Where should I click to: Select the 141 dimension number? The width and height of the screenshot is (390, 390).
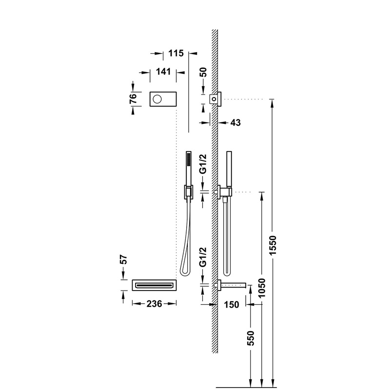163,72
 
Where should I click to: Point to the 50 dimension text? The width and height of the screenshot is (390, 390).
204,73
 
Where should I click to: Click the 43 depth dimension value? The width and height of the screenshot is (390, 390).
235,122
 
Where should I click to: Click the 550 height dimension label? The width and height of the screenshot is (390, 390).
251,339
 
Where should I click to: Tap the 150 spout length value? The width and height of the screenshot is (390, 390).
232,305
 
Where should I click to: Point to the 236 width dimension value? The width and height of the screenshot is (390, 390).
154,303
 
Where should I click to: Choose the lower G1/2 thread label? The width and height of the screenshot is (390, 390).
203,258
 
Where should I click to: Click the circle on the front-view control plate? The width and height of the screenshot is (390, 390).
157,99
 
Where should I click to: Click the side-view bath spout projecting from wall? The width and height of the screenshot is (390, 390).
236,285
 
